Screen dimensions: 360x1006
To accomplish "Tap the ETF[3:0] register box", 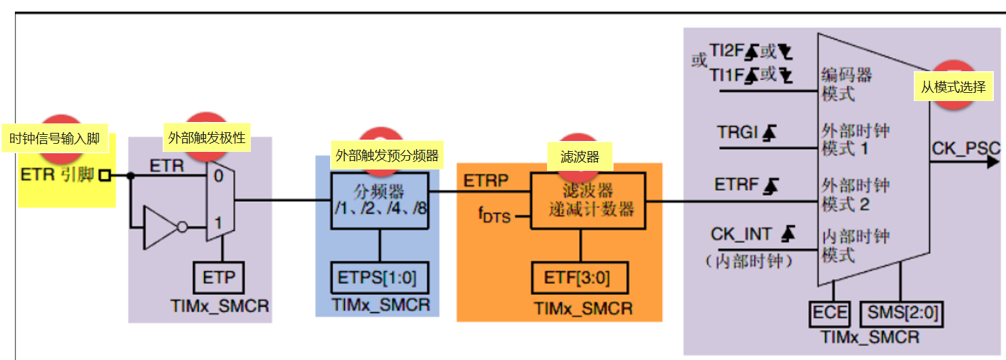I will click(579, 279).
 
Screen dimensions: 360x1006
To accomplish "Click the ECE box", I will click(830, 313).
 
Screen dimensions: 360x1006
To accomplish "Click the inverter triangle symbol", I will click(160, 228).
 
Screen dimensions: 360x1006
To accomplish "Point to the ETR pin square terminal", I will click(104, 176).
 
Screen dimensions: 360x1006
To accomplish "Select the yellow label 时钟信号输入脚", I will click(54, 140).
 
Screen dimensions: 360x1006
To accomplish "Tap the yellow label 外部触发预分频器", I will click(387, 155).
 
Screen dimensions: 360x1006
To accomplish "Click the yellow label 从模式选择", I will click(952, 87).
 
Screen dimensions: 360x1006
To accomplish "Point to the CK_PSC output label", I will click(965, 148).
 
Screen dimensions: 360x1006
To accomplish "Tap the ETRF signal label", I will click(736, 184).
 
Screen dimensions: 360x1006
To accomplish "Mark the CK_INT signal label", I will click(741, 234).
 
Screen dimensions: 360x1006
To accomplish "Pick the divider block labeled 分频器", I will click(380, 195).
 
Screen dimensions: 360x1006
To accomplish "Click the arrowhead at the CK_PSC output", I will click(993, 162).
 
